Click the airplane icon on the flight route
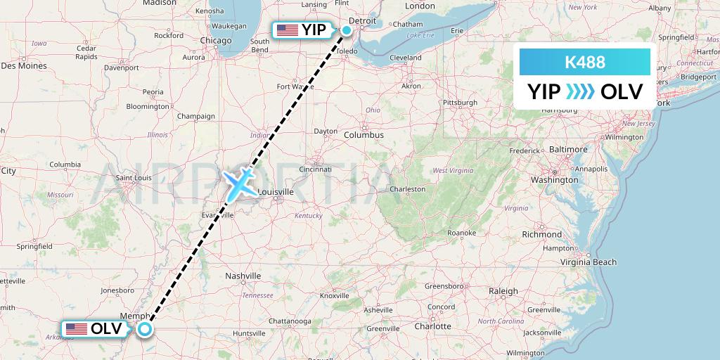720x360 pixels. tap(239, 183)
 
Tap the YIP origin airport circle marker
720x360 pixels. tap(347, 30)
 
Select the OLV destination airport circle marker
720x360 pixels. tap(145, 329)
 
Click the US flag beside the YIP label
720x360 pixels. tap(287, 30)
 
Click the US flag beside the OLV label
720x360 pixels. tap(76, 328)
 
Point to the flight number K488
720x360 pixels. tap(584, 63)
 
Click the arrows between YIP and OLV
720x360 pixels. tap(581, 91)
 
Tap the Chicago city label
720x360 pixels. tap(216, 40)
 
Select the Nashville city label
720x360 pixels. tap(243, 276)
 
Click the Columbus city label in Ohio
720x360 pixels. tap(364, 134)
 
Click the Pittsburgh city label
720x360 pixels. tap(461, 103)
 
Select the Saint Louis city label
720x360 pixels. tap(134, 178)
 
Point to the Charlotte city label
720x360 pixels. tap(432, 326)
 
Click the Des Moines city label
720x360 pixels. tap(24, 66)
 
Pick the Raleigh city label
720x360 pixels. tap(503, 291)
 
